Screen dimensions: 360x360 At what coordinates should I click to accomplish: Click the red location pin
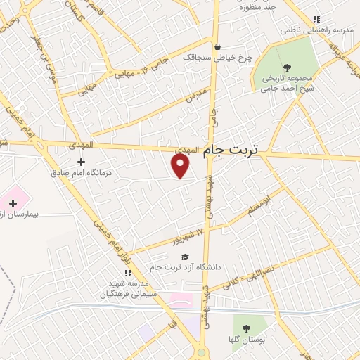pos(181,165)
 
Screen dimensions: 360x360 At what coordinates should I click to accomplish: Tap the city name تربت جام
pos(231,150)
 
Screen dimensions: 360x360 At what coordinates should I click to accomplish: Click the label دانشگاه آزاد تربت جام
pos(185,266)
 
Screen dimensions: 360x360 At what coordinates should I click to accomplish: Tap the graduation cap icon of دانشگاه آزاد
pos(185,257)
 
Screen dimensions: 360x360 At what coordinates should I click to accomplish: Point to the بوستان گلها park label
pos(245,339)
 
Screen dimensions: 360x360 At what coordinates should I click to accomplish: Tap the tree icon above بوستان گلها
pos(245,328)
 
